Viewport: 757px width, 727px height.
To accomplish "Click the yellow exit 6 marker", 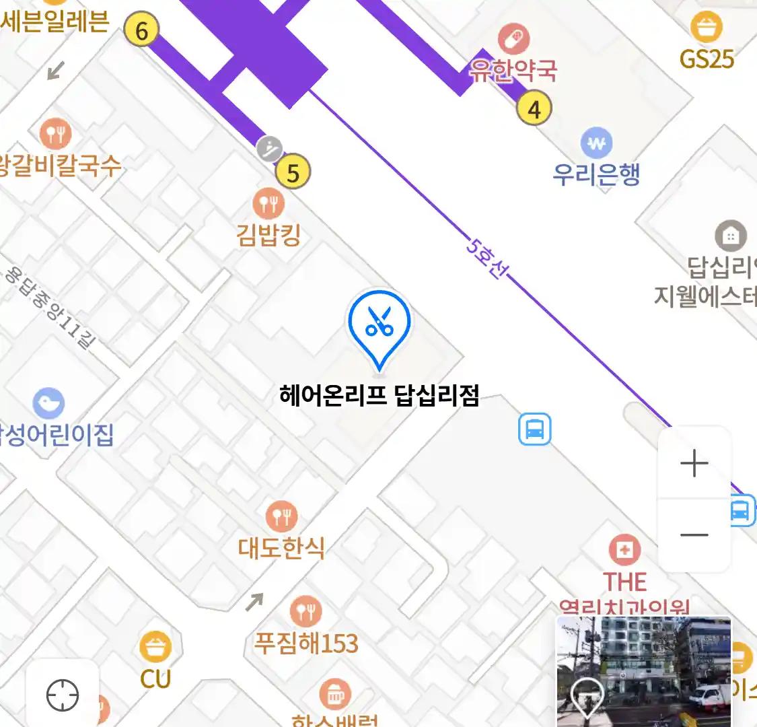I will [x=141, y=30].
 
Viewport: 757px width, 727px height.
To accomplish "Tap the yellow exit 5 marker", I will [x=293, y=172].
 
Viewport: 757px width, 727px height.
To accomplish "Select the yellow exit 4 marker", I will [x=534, y=108].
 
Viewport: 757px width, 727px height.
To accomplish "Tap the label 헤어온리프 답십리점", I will [x=379, y=395].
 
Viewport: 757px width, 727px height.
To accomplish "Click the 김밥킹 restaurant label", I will [x=268, y=235].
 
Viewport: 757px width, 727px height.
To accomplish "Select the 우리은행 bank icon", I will [x=596, y=143].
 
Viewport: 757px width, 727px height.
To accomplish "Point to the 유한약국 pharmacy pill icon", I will [x=513, y=38].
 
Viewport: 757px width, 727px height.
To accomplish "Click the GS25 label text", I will [x=707, y=59].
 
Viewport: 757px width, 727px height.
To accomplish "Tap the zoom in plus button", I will [x=694, y=464].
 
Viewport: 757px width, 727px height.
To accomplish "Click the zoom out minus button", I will [x=694, y=536].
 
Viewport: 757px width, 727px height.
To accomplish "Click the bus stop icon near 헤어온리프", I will [x=535, y=429].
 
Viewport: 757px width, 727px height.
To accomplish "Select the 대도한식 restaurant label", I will [x=281, y=548].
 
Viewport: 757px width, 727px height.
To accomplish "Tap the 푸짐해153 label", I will [x=306, y=644].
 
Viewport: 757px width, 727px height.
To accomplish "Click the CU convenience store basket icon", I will [x=155, y=647].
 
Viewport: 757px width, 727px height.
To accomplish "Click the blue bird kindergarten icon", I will [x=48, y=403].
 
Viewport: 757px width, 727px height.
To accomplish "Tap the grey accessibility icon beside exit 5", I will [x=269, y=149].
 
